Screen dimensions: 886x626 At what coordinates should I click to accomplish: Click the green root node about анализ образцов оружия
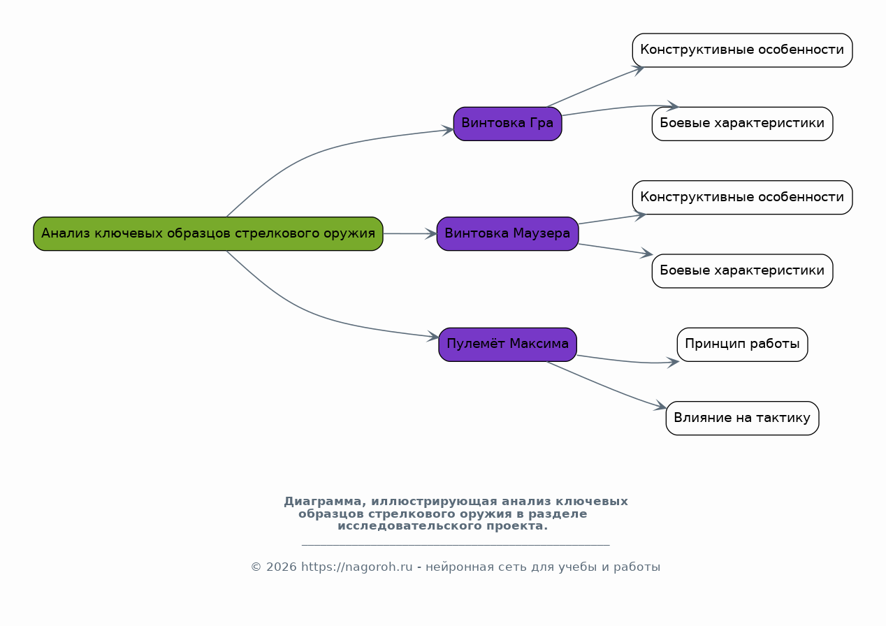tap(208, 234)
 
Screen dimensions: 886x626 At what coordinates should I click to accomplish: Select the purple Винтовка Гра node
tap(507, 124)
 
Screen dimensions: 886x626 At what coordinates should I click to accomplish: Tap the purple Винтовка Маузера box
tap(507, 234)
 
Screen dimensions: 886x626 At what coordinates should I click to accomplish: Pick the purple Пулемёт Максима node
tap(507, 344)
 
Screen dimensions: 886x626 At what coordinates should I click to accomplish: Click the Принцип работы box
tap(743, 344)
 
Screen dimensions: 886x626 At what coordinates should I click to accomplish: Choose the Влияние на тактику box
tap(743, 418)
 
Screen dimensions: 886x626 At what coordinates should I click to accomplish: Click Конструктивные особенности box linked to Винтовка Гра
tap(743, 50)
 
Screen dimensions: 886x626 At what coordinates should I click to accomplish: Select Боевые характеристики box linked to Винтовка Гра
tap(743, 124)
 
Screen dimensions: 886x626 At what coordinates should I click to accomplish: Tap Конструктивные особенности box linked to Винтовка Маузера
tap(743, 197)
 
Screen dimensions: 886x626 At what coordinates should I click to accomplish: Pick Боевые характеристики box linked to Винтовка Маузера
tap(743, 271)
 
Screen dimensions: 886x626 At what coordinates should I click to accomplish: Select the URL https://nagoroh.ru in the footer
tap(357, 567)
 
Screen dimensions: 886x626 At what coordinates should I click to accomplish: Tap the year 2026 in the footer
tap(281, 567)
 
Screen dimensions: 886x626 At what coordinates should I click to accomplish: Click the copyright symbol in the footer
tap(256, 567)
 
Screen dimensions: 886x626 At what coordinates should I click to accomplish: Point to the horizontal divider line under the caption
tap(456, 546)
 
